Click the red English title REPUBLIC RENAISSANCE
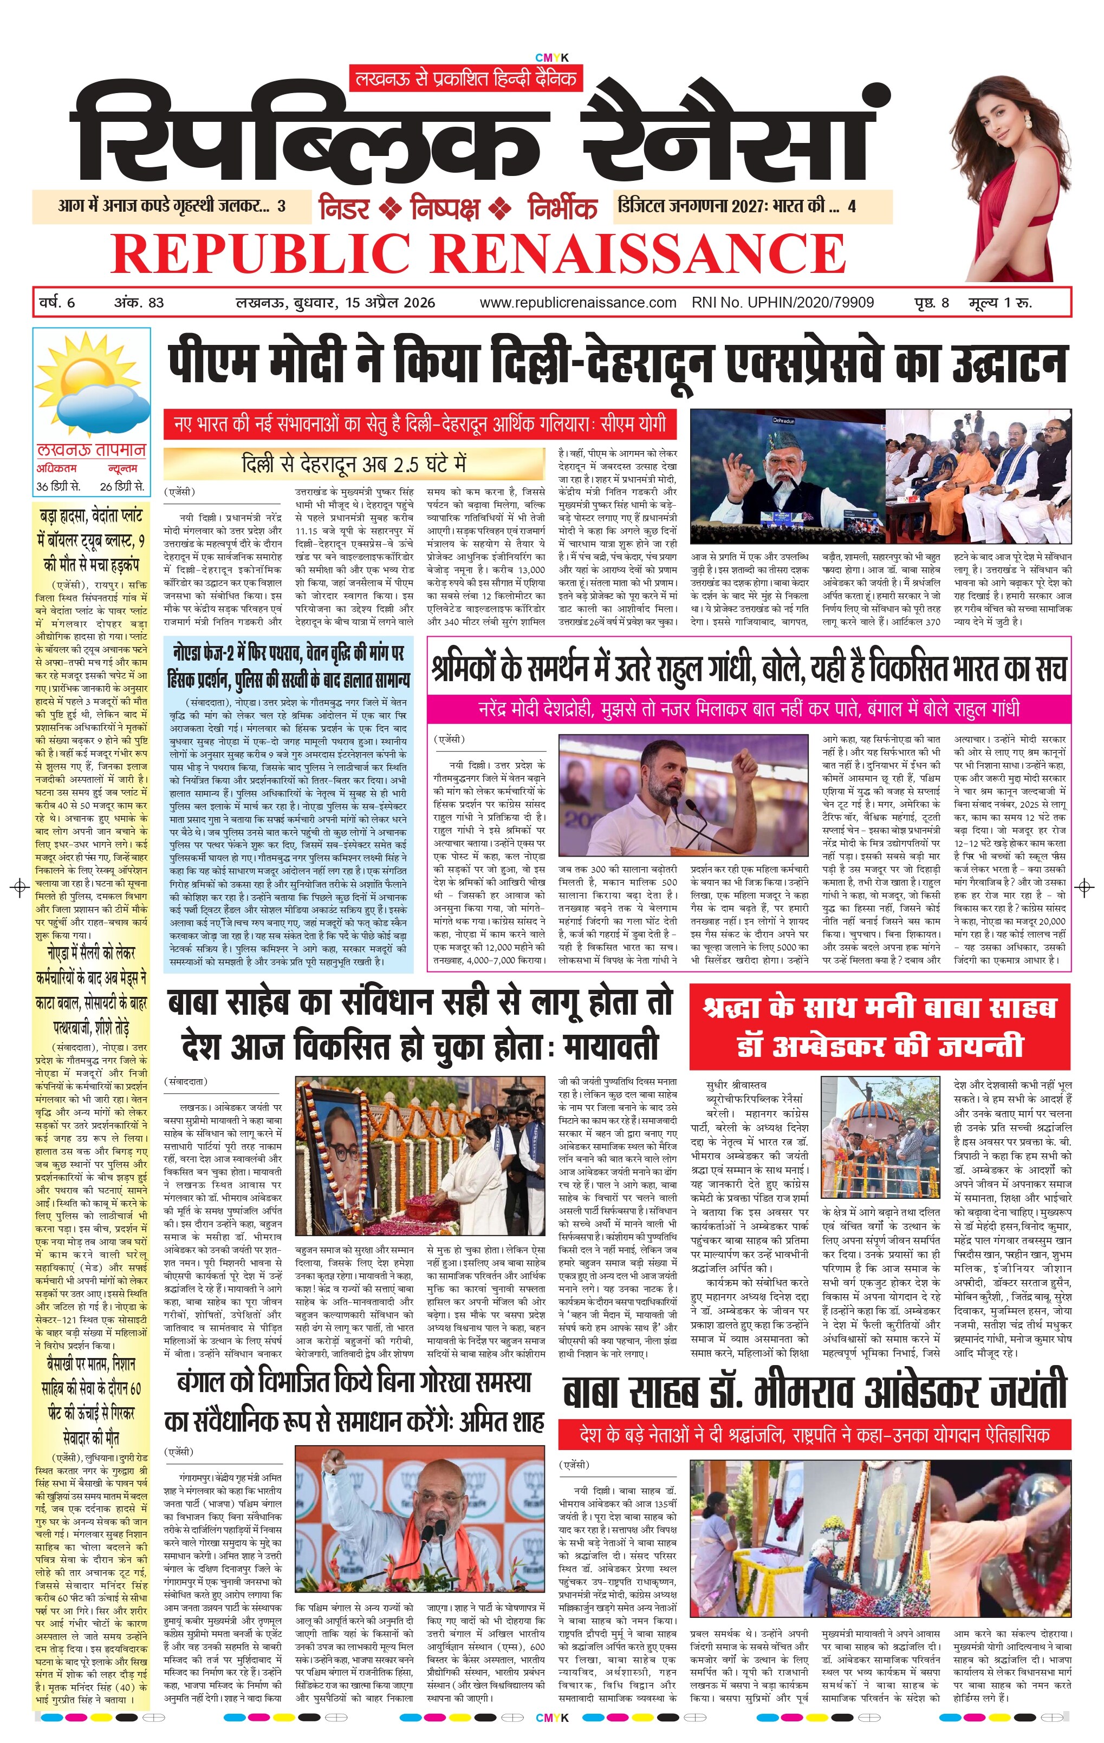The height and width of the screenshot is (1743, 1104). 478,253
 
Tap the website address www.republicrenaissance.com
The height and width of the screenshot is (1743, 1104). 577,303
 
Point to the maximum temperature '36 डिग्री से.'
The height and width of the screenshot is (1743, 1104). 59,486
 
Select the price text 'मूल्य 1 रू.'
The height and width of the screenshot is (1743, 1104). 1001,303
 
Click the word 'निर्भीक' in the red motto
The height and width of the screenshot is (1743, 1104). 562,208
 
